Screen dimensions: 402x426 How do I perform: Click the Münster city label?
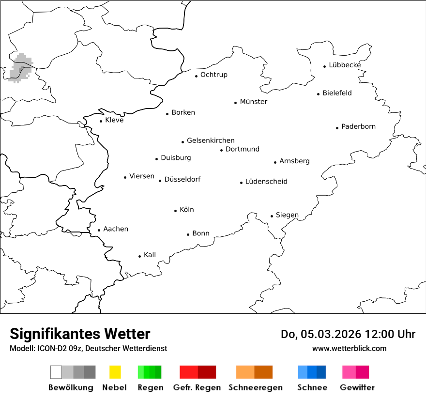click(254, 102)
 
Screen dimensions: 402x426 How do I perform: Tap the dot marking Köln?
click(176, 211)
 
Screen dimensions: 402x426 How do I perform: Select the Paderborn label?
click(358, 126)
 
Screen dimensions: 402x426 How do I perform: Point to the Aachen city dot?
click(99, 231)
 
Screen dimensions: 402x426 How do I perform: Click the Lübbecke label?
click(345, 65)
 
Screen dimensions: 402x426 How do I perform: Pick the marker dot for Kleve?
click(101, 121)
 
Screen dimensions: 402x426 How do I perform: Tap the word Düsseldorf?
click(182, 179)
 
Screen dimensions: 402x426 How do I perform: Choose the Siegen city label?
click(287, 215)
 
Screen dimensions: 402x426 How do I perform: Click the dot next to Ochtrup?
click(197, 76)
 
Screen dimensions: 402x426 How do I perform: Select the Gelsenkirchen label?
click(211, 140)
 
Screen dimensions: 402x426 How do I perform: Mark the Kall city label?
click(150, 255)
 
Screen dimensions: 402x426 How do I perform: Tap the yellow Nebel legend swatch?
click(115, 372)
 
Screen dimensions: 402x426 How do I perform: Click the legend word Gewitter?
click(357, 387)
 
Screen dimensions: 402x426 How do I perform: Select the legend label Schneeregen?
click(256, 387)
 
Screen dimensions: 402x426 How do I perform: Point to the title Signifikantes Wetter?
click(80, 334)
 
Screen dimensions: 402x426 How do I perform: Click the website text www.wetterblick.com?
click(349, 348)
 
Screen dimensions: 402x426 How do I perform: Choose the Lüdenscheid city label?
click(266, 182)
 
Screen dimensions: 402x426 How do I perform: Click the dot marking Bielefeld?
click(319, 94)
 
